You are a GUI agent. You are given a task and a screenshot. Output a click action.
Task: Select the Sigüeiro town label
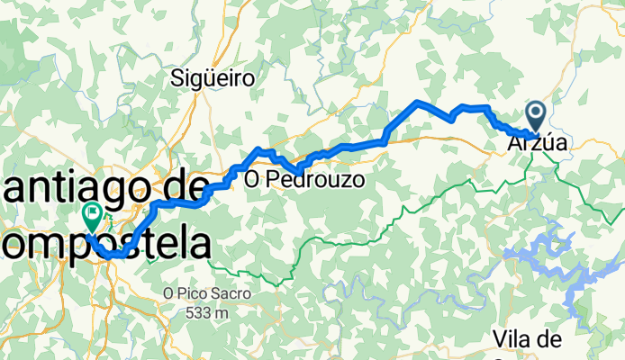tap(213, 79)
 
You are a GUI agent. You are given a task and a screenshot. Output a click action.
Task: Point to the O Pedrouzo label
tap(304, 180)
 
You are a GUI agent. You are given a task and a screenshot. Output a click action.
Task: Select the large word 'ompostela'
tap(113, 243)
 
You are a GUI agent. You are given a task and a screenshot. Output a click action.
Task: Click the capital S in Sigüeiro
tap(177, 79)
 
